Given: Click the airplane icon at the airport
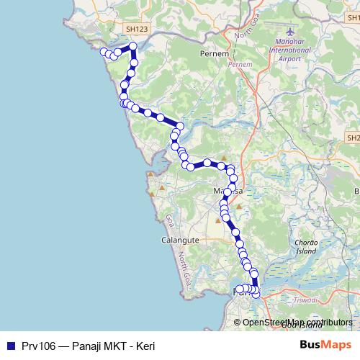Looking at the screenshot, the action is point(290,33).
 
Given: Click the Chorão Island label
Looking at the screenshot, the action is point(307,247).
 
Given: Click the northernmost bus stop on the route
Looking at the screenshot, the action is point(132,48).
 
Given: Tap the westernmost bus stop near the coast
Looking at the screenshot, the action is point(104,52).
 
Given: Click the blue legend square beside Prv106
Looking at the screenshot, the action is point(10,346).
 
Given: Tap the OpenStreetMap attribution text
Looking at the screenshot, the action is point(297,323).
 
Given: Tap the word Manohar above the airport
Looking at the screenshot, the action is point(290,43).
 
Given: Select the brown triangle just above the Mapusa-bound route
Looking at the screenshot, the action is point(224,158).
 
